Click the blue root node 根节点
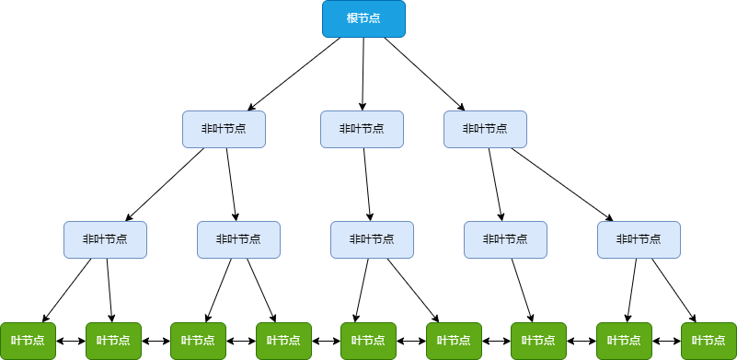[x=363, y=19]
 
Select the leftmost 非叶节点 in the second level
[x=224, y=129]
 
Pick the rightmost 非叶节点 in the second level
[x=485, y=129]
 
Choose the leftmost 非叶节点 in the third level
[x=105, y=239]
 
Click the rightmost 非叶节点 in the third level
[x=639, y=239]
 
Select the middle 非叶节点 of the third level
[x=372, y=239]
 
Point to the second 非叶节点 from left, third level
[x=238, y=239]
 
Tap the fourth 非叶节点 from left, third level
[x=505, y=239]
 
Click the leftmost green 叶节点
[x=28, y=341]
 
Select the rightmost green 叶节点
[x=708, y=341]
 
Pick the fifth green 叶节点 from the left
[x=368, y=341]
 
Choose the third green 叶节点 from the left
[x=198, y=341]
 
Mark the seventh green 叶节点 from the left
[x=538, y=341]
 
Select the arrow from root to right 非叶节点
[x=424, y=74]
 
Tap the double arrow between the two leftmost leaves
[x=71, y=341]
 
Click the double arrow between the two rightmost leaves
[x=666, y=341]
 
